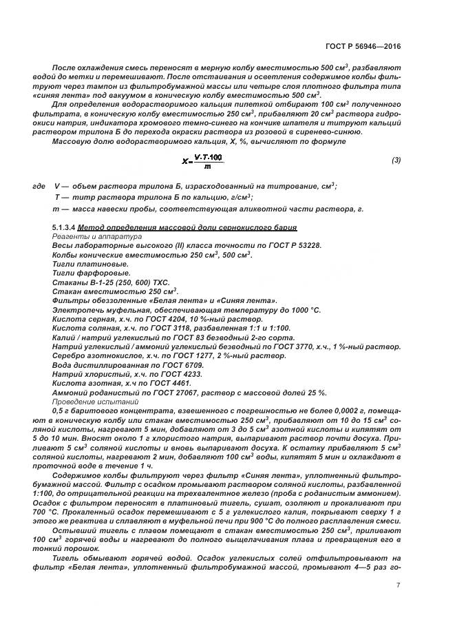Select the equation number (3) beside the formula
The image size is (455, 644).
(396, 160)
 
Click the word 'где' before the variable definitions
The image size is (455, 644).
(39, 186)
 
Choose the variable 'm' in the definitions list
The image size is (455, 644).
(56, 208)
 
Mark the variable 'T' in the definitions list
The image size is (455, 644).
(56, 197)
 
